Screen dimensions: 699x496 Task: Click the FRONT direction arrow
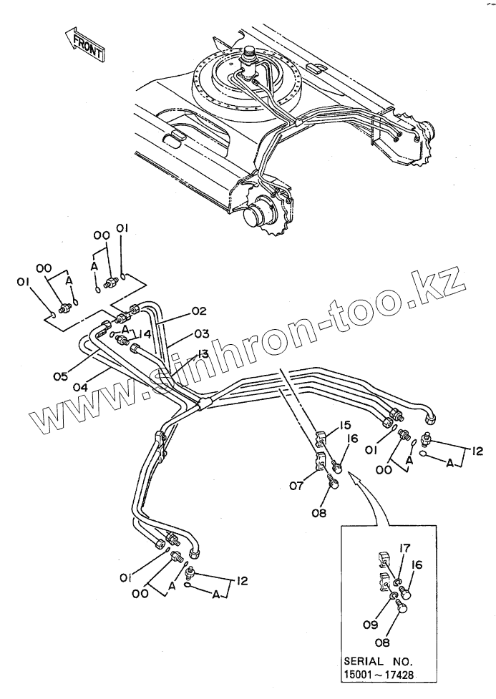[x=84, y=44]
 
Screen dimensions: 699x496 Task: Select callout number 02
[x=198, y=311]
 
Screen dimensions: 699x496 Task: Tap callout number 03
[x=201, y=333]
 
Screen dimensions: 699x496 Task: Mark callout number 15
[x=346, y=426]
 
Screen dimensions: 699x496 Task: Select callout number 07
[x=298, y=487]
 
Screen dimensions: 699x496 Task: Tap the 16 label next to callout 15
[x=353, y=440]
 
